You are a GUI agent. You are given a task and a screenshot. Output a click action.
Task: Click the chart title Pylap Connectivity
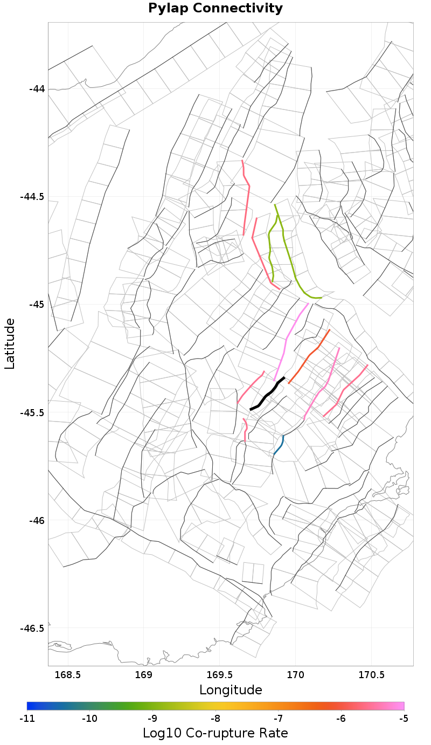[215, 9]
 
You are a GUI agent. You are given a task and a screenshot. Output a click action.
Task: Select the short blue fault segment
[279, 445]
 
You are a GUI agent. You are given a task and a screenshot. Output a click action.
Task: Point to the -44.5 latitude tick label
[32, 197]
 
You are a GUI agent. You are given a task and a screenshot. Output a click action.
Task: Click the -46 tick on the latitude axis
[36, 521]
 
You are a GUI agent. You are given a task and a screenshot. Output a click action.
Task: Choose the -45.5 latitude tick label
[32, 413]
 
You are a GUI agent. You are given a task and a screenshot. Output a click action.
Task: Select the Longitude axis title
[231, 689]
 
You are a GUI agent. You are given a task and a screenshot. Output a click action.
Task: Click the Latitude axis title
[10, 343]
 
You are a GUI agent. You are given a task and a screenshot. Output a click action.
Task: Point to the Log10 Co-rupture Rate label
[215, 733]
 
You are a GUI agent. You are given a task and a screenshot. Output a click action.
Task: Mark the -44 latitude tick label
[36, 89]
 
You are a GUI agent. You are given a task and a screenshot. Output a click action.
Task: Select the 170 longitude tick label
[296, 674]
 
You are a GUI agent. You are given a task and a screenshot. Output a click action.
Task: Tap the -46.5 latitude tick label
[32, 629]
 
